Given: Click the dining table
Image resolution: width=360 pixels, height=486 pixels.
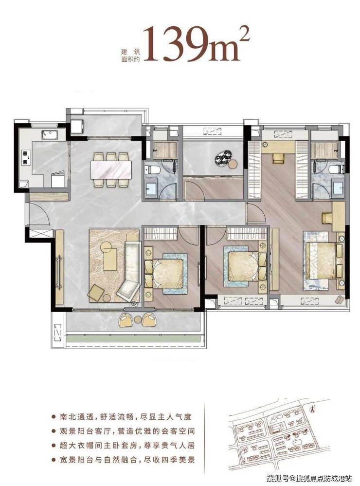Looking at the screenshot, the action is coord(111,170).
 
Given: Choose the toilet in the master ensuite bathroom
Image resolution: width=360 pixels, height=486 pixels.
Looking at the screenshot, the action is coord(336,169).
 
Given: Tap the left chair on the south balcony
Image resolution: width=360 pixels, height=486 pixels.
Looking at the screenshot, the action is coord(126,320).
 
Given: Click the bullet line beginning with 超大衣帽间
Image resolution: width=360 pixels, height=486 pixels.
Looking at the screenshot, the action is coord(123,446).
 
